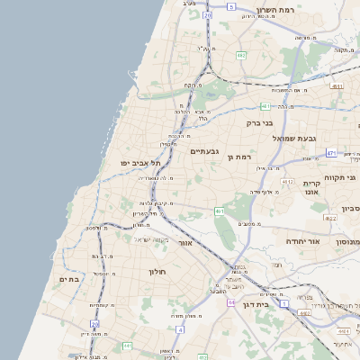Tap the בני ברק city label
click(259, 122)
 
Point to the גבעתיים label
click(205, 151)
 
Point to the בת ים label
click(69, 280)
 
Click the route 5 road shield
click(231, 6)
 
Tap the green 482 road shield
click(241, 56)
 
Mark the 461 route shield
click(220, 211)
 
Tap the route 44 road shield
click(230, 302)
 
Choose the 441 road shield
click(128, 346)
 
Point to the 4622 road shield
click(330, 218)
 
